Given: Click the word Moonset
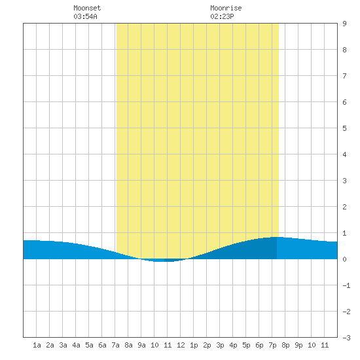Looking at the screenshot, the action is [87, 8].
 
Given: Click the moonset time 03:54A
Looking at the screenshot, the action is [85, 16].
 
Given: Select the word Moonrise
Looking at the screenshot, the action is [226, 8].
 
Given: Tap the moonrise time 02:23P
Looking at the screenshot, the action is [222, 16].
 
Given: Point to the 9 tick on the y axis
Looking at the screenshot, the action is [344, 24].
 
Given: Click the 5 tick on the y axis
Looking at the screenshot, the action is [344, 128].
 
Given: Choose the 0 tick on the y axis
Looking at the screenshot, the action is [344, 259].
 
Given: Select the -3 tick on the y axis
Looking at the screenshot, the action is [346, 338].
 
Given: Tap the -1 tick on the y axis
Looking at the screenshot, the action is [346, 285].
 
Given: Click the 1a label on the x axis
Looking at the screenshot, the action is [37, 345].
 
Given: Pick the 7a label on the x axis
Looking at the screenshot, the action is [115, 345].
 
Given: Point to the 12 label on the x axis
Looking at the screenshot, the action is [181, 345].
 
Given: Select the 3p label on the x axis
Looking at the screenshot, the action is [220, 345].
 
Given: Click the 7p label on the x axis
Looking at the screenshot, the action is [272, 345].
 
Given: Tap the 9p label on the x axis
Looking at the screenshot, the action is [298, 345].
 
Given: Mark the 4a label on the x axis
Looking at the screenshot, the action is [76, 345].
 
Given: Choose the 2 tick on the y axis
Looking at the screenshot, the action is [344, 207].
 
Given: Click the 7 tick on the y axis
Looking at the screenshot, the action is [344, 76].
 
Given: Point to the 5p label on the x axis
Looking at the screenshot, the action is [246, 345].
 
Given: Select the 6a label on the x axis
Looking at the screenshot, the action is [102, 345].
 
